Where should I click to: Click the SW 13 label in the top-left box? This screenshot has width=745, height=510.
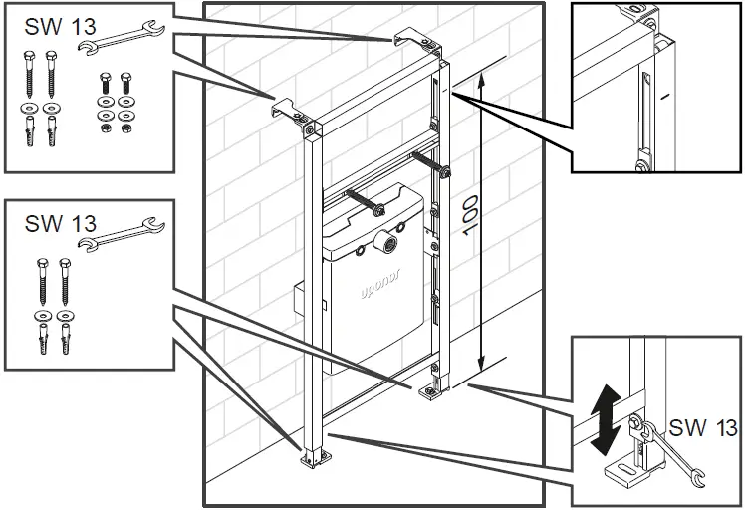tap(56, 27)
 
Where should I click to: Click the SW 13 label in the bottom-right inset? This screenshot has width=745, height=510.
tap(703, 428)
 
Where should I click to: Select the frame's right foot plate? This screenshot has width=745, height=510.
tap(430, 391)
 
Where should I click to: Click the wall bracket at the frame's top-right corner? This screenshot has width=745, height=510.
tap(412, 41)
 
